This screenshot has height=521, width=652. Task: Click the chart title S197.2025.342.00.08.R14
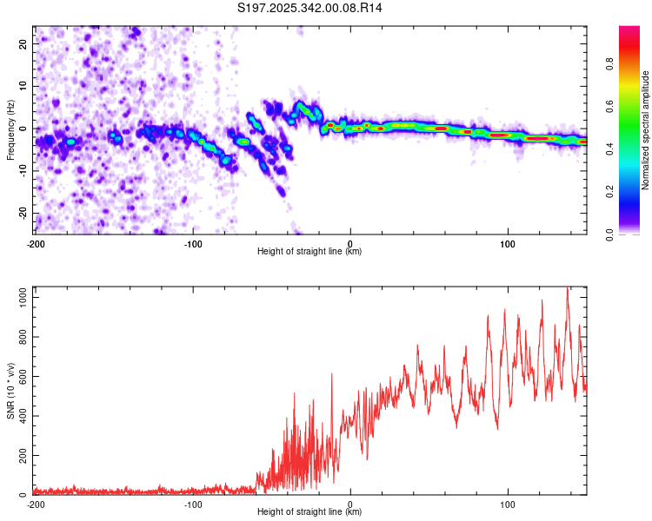310,8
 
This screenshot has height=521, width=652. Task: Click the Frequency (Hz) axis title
10,129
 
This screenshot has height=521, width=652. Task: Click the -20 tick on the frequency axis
23,213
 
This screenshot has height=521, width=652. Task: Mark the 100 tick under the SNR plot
508,504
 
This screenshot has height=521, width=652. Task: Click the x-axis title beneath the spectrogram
309,252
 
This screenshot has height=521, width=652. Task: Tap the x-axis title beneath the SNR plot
309,513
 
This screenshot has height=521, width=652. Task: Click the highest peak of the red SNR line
568,287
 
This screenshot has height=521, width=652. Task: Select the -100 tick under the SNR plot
192,504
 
